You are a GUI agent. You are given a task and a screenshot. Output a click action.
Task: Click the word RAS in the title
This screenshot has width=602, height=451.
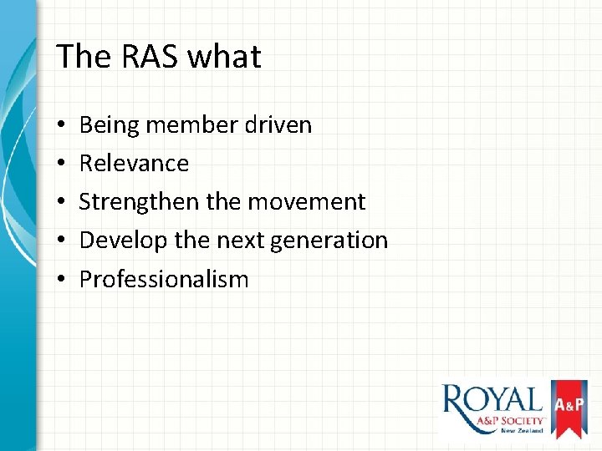[x=148, y=57]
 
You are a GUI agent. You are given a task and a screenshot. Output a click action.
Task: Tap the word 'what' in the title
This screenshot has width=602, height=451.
[x=224, y=57]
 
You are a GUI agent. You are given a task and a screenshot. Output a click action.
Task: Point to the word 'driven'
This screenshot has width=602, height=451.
[x=278, y=125]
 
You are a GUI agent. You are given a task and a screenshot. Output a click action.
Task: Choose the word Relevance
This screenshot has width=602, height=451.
[x=134, y=163]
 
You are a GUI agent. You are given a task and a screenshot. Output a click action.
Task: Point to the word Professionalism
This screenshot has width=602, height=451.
[x=164, y=279]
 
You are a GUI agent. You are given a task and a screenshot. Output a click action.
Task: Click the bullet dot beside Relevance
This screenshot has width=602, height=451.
[x=63, y=164]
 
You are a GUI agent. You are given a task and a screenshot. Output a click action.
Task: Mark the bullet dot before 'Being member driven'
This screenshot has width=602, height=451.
[x=63, y=125]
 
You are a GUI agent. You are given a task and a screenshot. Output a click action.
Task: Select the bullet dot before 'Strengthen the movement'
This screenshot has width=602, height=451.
[x=63, y=202]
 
